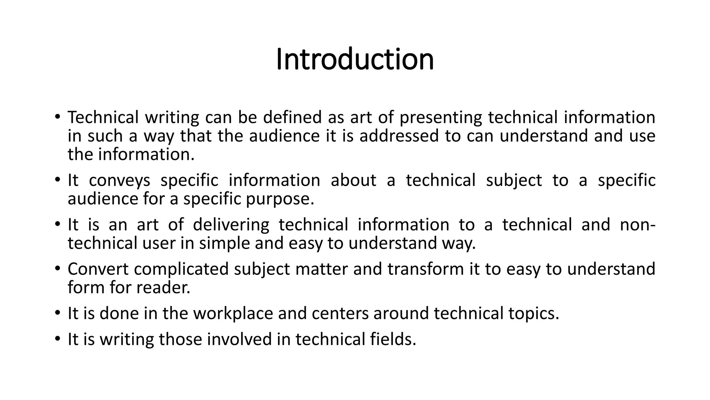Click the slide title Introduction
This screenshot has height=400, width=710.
(355, 59)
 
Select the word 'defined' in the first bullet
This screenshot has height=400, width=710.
(292, 117)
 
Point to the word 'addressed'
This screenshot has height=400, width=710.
(399, 136)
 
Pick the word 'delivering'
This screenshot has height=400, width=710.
(231, 225)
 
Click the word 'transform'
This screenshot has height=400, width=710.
(425, 269)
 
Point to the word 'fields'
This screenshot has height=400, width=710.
(392, 339)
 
